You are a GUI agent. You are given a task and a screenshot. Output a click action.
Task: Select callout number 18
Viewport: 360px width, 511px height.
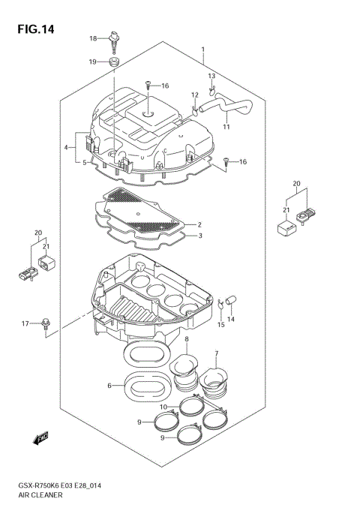coord(94,38)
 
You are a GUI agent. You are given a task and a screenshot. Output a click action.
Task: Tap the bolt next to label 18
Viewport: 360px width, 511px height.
coord(115,38)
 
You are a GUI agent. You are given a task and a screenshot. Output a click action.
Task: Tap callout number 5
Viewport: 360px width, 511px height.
coord(86,161)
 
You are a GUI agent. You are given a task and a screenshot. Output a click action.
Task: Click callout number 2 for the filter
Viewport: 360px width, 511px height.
coord(199,224)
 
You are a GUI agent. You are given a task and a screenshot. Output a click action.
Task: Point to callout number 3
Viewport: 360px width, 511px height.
coord(199,236)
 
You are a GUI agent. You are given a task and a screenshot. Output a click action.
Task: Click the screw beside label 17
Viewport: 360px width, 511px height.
coord(46,323)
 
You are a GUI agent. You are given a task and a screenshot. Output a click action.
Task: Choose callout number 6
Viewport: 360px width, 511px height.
coord(109,386)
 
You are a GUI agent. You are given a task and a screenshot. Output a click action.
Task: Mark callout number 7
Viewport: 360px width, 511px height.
coord(216,353)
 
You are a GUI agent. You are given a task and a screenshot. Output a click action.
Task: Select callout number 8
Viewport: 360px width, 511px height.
coord(186,340)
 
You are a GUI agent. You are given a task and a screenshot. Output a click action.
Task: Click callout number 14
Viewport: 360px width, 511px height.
coord(231,320)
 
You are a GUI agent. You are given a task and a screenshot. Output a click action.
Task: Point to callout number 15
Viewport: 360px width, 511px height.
coord(220,324)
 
